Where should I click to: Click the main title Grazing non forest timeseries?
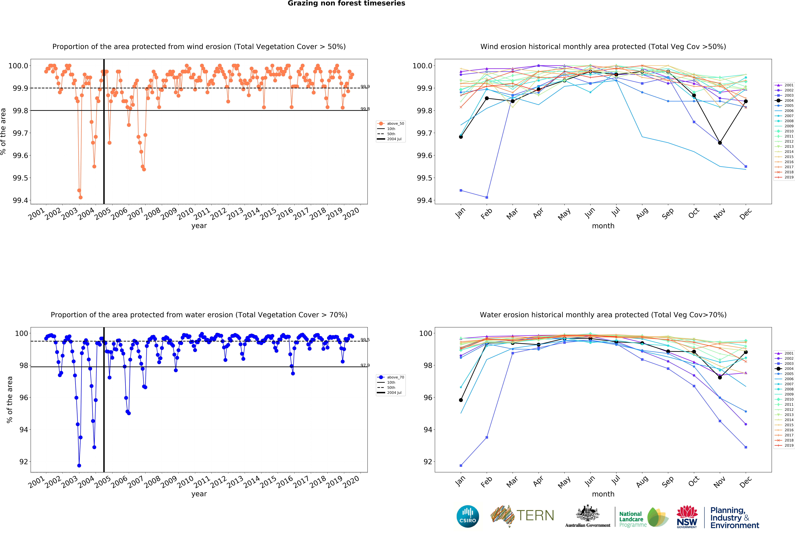[346, 3]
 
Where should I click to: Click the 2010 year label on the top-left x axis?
[186, 214]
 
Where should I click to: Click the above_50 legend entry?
[395, 124]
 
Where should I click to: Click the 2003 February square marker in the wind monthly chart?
[487, 197]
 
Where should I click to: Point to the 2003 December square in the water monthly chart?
[746, 447]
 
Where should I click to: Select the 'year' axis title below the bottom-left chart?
[199, 494]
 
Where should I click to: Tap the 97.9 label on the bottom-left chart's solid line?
[365, 365]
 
